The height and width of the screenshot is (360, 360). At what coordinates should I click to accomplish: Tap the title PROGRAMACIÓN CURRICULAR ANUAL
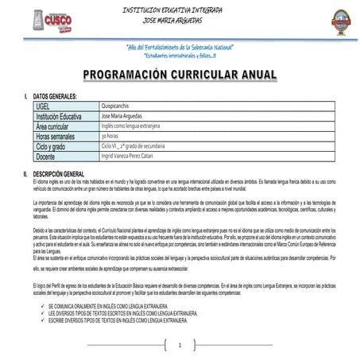click(x=180, y=75)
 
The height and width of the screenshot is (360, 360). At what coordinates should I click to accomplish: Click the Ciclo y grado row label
click(x=56, y=146)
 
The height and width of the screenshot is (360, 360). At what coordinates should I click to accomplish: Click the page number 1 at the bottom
click(x=180, y=345)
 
